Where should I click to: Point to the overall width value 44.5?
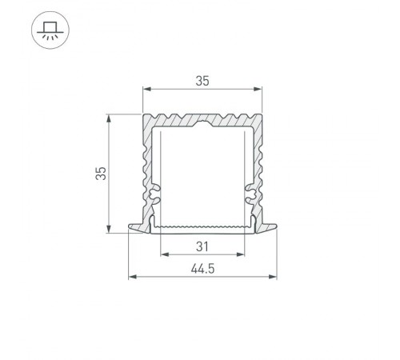pyautogui.click(x=203, y=269)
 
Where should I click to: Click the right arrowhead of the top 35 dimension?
pyautogui.click(x=260, y=88)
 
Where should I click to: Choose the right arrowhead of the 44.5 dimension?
pyautogui.click(x=275, y=278)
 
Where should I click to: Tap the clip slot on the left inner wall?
pyautogui.click(x=154, y=194)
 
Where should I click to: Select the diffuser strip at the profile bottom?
pyautogui.click(x=203, y=227)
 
